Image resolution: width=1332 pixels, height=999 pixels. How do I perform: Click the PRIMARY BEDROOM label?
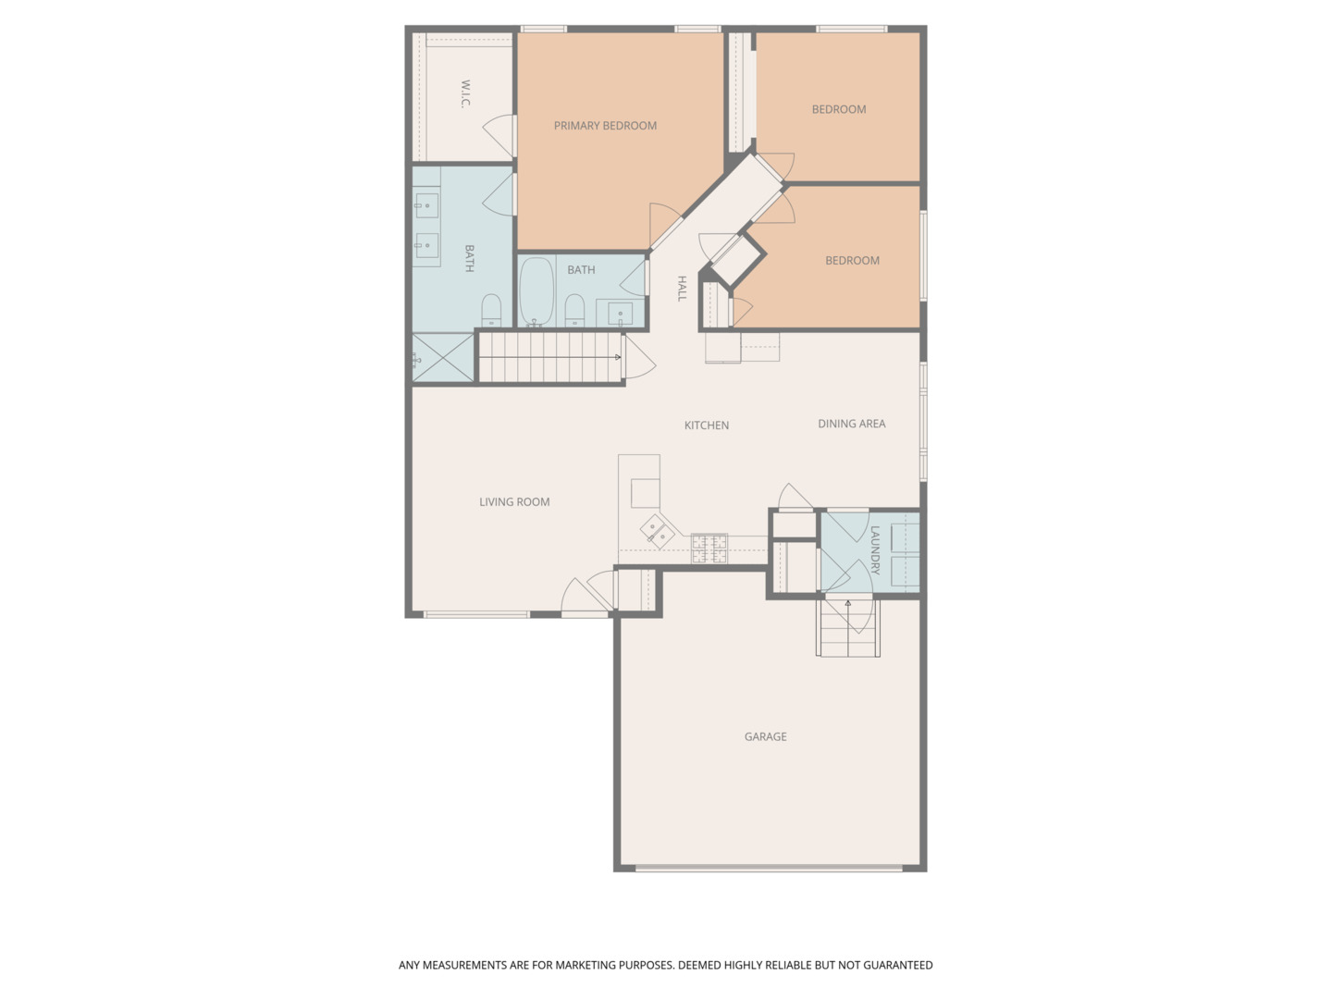pos(605,126)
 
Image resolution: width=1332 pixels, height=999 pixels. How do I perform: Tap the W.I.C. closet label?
pos(465,93)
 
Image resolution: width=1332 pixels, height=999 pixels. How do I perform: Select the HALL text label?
pos(682,288)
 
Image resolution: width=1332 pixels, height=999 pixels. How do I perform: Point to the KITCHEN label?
pos(707,425)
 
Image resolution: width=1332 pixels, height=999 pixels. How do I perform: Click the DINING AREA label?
pos(851,424)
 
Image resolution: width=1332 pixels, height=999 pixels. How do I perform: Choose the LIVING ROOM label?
pos(514,502)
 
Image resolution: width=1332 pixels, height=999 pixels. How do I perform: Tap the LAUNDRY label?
pos(875,550)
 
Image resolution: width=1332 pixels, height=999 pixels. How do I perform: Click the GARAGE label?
pos(765,737)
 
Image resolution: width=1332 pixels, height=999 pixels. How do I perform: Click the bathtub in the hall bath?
pos(536,291)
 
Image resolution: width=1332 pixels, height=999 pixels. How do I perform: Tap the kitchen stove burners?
pos(709,548)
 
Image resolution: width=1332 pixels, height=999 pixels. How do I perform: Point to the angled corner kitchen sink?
pos(658,531)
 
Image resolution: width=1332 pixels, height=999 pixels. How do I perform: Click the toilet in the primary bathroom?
pos(491,310)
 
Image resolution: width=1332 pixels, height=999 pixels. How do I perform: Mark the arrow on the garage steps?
pos(848,604)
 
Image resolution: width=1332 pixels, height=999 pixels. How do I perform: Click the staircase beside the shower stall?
pos(550,357)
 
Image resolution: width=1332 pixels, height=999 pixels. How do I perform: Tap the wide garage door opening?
pos(769,868)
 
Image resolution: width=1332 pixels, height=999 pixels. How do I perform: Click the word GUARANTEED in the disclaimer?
pos(898,965)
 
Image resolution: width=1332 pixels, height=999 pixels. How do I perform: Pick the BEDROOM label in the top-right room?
pos(839,109)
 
